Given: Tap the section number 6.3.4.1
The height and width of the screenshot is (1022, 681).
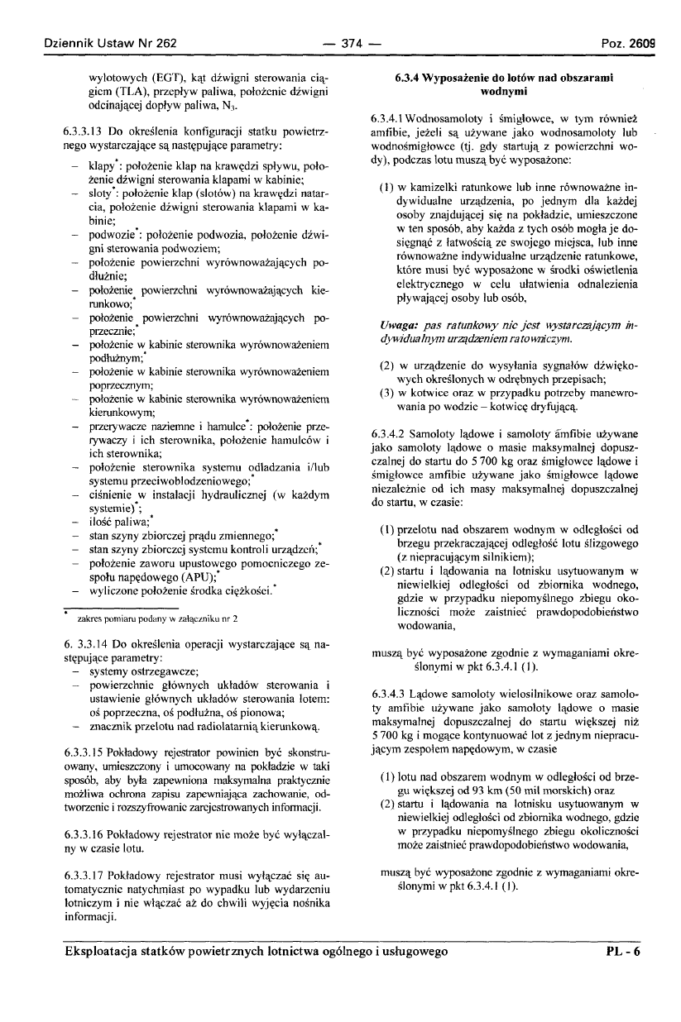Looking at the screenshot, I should tap(394, 119).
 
